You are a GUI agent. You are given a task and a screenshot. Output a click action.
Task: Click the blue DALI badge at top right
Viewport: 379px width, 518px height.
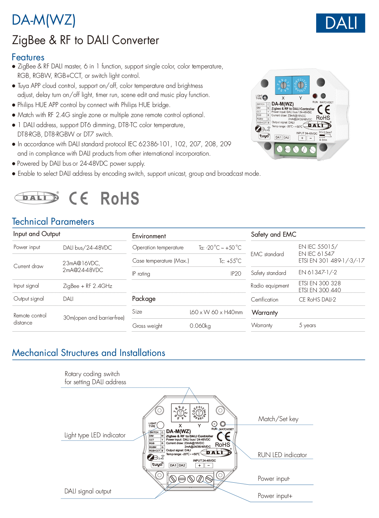click(x=340, y=23)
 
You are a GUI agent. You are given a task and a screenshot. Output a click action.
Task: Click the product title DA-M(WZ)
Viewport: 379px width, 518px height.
click(x=44, y=20)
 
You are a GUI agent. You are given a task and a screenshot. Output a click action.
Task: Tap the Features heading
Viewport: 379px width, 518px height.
click(x=28, y=57)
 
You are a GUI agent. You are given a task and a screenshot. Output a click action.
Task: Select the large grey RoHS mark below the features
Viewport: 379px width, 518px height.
click(x=120, y=198)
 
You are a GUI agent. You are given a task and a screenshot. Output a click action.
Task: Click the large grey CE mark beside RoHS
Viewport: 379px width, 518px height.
click(x=79, y=198)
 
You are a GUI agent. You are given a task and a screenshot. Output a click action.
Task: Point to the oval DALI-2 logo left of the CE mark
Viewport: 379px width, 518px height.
click(x=37, y=197)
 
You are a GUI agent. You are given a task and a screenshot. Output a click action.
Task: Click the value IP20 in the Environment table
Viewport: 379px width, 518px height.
click(x=236, y=274)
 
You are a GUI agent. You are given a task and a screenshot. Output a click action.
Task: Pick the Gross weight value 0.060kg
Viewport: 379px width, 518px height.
click(x=200, y=326)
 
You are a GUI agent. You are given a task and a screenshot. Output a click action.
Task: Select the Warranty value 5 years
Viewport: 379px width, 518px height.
click(x=307, y=325)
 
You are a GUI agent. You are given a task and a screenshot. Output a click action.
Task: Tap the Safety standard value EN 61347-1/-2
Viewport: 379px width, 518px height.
click(x=317, y=272)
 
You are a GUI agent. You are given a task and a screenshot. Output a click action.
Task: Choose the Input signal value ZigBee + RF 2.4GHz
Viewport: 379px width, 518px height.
click(x=87, y=286)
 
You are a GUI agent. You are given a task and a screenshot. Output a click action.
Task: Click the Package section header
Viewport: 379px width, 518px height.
click(x=144, y=299)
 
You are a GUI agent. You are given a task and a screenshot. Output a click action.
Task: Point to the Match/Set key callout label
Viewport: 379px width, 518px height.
click(x=278, y=419)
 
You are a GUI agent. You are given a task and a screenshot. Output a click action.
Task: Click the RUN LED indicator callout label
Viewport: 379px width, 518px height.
click(x=282, y=455)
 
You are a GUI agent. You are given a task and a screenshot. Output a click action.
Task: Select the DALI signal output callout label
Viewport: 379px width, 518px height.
click(x=88, y=491)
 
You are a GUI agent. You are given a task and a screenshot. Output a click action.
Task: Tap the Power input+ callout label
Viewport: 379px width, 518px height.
click(x=275, y=496)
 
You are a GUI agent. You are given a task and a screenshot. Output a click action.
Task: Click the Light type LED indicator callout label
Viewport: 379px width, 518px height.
click(x=95, y=435)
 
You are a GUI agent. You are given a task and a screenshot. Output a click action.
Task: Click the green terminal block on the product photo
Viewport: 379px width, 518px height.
click(x=295, y=149)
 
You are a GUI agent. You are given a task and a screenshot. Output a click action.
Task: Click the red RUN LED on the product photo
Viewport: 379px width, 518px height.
click(x=315, y=96)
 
